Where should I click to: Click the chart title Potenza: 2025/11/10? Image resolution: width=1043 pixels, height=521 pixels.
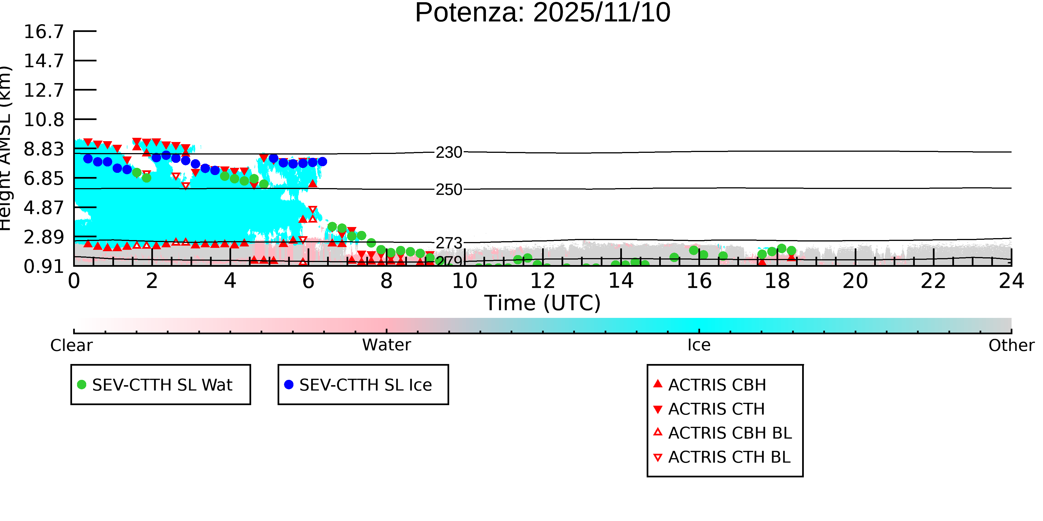[543, 13]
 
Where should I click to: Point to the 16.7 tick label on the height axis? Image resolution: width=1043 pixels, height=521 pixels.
[44, 32]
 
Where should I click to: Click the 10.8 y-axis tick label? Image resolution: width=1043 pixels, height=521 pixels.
[44, 120]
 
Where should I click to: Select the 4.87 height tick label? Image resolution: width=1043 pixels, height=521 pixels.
[44, 208]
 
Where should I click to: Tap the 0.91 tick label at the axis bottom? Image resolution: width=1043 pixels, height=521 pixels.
[44, 266]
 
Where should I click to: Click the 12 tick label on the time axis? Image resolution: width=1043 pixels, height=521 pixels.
[543, 281]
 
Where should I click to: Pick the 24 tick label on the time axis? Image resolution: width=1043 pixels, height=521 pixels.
[1011, 281]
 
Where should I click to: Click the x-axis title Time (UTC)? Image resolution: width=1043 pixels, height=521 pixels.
[543, 303]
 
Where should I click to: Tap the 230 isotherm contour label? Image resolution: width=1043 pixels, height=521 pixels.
[449, 153]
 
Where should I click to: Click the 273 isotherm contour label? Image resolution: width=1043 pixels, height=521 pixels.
[449, 243]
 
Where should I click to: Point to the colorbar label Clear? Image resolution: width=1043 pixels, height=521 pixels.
[71, 345]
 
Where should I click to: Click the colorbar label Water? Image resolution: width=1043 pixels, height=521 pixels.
[386, 345]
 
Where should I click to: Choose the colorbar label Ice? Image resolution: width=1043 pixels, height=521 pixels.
[699, 345]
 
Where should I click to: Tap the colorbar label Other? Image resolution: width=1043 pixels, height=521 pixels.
[1011, 345]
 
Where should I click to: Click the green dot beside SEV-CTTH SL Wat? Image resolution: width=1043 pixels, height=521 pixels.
[82, 385]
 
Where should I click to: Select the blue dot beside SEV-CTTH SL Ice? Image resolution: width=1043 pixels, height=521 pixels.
[289, 385]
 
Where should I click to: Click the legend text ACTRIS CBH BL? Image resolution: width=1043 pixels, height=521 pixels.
[730, 433]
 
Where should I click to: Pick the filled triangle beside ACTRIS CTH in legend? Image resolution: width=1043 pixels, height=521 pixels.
[658, 409]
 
